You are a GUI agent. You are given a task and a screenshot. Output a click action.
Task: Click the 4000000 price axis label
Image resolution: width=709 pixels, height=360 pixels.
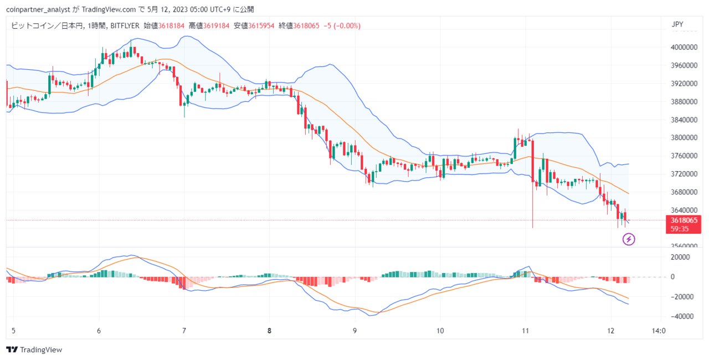[684, 48]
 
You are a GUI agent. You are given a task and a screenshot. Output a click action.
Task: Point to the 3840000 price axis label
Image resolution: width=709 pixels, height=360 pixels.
[684, 120]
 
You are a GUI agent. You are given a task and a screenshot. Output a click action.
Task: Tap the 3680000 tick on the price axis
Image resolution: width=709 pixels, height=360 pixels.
[684, 192]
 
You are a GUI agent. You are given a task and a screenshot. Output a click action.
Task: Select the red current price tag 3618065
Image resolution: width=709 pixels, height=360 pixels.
[684, 220]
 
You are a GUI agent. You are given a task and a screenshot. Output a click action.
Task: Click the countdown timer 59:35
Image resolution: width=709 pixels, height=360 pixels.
[680, 229]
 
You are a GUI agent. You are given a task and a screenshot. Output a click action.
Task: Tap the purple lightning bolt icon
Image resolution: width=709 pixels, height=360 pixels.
[629, 239]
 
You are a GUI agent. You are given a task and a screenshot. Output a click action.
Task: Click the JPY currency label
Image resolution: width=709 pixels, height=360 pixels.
[677, 24]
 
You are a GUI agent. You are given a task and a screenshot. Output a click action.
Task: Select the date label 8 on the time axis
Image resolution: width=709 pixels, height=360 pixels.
[269, 331]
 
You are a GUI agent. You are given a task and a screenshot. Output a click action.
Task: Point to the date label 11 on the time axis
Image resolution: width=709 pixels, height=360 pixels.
[526, 331]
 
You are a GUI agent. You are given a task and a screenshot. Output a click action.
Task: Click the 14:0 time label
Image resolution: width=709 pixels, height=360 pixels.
[659, 331]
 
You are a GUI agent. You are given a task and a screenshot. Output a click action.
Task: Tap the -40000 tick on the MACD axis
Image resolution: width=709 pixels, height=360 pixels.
[682, 316]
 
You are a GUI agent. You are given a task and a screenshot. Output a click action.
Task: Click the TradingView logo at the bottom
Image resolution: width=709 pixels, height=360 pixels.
[34, 349]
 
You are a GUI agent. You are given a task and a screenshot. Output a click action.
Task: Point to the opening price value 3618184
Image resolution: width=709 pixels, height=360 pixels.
[171, 25]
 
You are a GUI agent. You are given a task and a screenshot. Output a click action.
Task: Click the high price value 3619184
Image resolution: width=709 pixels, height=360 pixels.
[216, 25]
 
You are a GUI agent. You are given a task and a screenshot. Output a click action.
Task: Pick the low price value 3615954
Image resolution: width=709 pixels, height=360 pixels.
[261, 25]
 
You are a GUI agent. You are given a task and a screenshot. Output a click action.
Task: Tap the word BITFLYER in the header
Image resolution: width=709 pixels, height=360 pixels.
[125, 25]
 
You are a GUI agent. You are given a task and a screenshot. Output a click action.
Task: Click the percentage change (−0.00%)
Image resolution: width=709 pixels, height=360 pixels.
[347, 25]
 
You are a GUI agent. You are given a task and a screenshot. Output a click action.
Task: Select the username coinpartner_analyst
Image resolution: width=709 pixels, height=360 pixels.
[38, 9]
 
